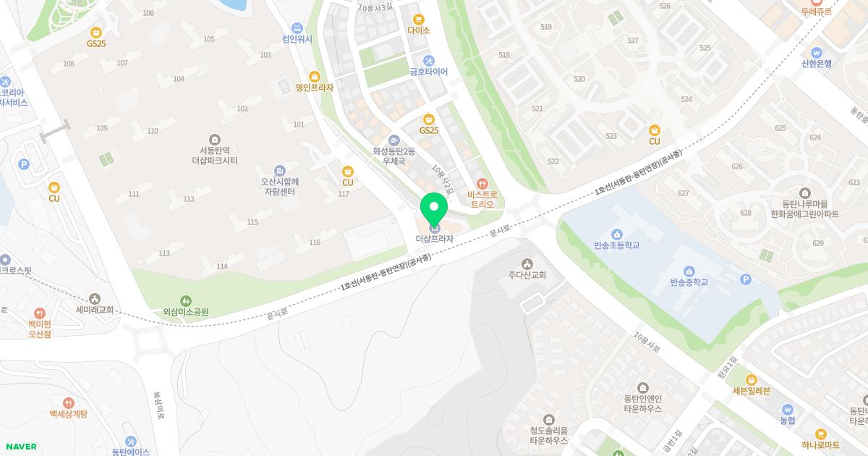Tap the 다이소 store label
click(418, 30)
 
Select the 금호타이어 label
click(429, 72)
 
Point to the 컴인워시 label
click(297, 39)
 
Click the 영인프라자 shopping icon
click(314, 77)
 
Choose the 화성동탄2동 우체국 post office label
click(393, 156)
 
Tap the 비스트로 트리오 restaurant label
click(482, 199)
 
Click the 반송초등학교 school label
click(616, 245)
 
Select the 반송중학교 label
click(689, 282)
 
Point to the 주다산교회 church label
click(527, 275)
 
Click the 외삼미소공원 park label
click(186, 312)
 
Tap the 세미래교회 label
click(95, 309)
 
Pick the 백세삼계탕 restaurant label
click(69, 413)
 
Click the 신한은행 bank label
click(817, 63)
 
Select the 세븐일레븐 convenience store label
click(752, 391)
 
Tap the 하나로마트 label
click(820, 444)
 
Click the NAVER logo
click(20, 447)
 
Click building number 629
click(818, 243)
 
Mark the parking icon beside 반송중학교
click(746, 280)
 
